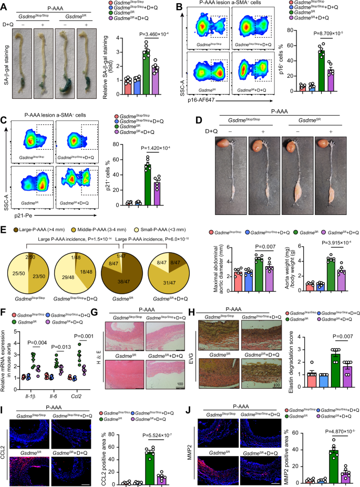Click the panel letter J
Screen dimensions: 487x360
pyautogui.click(x=183, y=408)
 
